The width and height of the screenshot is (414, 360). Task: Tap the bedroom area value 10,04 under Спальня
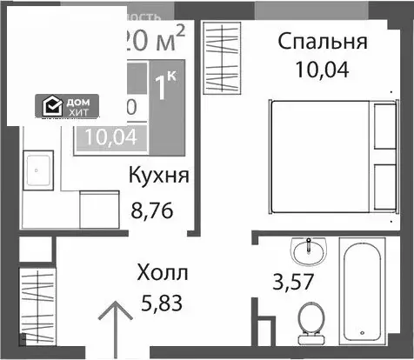tap(321, 70)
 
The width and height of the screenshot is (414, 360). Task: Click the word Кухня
tap(159, 175)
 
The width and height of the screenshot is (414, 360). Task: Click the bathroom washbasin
tap(307, 252)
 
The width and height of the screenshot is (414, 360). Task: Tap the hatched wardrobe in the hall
tap(37, 301)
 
